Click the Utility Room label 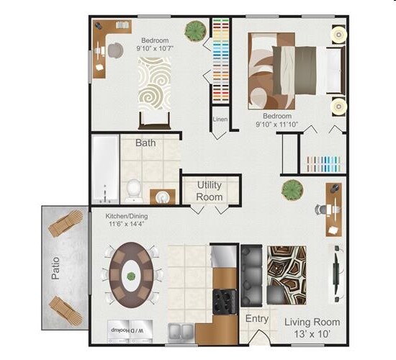click(x=210, y=191)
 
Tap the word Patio click(x=54, y=266)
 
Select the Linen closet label click(x=220, y=119)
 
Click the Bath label click(x=145, y=143)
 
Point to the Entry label click(x=257, y=318)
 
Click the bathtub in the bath click(x=104, y=169)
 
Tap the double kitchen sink click(x=181, y=333)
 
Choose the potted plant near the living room click(x=292, y=190)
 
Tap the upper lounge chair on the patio click(x=64, y=226)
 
